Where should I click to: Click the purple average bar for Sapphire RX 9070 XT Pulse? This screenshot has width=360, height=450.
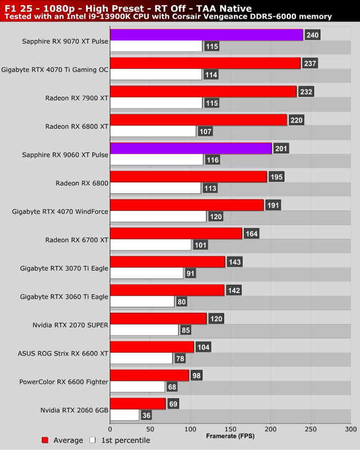coord(206,35)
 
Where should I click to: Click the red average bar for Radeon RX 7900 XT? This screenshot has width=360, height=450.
coord(203,92)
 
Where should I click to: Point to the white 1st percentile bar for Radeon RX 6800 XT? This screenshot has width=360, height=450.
coord(153,131)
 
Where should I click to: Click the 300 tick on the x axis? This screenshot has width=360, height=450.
coord(351,428)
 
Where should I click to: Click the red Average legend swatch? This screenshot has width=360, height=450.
coord(45,440)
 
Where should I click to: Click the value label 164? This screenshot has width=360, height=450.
coord(250,233)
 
